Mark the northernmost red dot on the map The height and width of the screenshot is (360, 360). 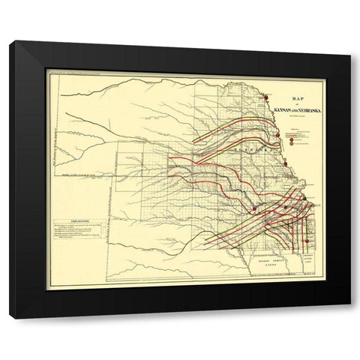(265, 95)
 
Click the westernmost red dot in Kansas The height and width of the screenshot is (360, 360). (255, 208)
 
